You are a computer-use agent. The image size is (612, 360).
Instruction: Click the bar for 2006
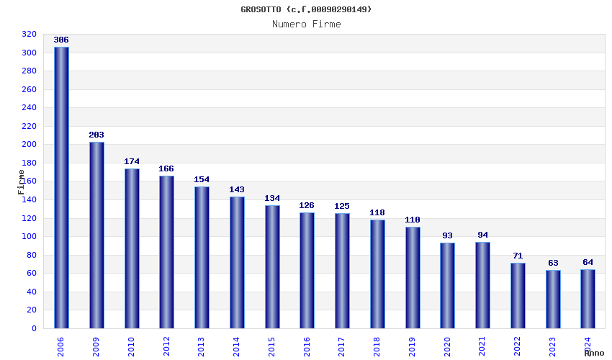(61, 187)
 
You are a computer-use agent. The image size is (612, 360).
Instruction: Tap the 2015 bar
(272, 266)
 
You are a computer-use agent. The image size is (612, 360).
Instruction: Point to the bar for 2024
(588, 298)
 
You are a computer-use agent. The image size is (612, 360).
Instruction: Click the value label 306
(61, 40)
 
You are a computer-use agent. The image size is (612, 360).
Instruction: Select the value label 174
(132, 161)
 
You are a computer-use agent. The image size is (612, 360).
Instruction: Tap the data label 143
(237, 190)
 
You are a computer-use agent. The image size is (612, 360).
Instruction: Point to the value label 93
(447, 235)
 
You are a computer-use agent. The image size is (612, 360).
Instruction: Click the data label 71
(518, 256)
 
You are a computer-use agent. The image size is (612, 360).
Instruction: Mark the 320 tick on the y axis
(29, 35)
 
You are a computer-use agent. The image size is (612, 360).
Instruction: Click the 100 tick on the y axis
(29, 237)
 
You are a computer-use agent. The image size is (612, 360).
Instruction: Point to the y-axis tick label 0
(33, 328)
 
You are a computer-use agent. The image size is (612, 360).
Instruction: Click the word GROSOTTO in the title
(261, 9)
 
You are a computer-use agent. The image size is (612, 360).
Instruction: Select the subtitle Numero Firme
(307, 24)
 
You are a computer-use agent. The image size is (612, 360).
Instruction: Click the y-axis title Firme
(21, 181)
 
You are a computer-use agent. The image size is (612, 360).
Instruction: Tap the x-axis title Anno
(594, 353)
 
